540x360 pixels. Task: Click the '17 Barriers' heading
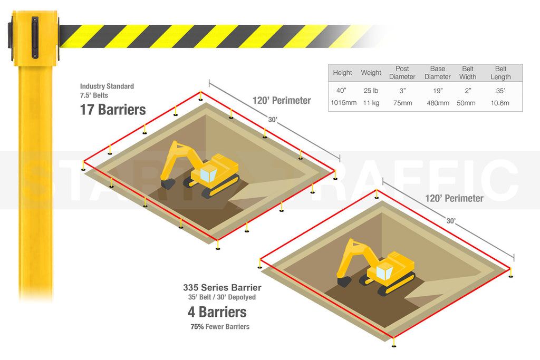tap(113, 110)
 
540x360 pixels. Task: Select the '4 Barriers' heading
tap(217, 312)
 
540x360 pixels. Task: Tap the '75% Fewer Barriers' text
tap(220, 327)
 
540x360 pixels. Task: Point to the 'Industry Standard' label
tap(107, 86)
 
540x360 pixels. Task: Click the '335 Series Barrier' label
tap(222, 288)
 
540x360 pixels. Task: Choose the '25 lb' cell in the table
tap(371, 91)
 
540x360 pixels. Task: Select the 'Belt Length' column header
tap(500, 73)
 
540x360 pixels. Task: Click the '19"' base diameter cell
tap(437, 91)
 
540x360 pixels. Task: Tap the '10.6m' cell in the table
tap(500, 103)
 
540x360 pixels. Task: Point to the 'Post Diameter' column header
tap(402, 73)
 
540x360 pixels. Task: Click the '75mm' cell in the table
tap(402, 103)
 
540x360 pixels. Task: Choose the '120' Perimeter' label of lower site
tap(455, 199)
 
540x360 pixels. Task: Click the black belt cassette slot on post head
tap(35, 37)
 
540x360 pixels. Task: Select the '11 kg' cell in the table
tap(371, 103)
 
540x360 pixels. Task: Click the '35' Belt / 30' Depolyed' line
tap(222, 297)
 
